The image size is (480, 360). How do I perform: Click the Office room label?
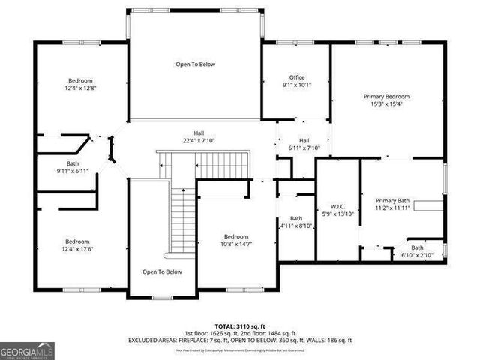click(296, 77)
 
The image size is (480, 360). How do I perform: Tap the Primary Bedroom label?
click(386, 97)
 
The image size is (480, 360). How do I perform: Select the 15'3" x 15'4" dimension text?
click(386, 104)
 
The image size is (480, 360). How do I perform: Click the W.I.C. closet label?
click(337, 206)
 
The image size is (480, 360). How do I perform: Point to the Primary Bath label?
click(392, 201)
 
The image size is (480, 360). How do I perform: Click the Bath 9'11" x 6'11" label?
click(72, 167)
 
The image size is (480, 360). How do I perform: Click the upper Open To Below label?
click(195, 64)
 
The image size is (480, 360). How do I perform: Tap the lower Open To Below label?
click(162, 271)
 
